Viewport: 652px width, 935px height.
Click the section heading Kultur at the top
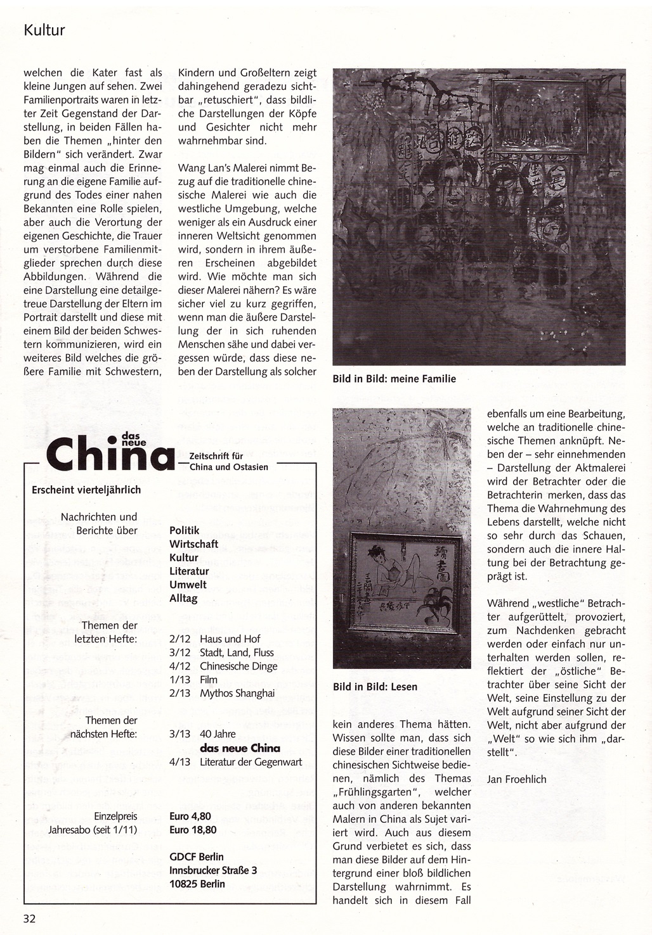(44, 30)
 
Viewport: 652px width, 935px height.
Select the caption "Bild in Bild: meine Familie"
(394, 379)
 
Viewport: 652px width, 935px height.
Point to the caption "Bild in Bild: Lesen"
(375, 686)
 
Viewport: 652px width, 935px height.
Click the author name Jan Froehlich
(516, 779)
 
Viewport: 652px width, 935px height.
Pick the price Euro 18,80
(193, 830)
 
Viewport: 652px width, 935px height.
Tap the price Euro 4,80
(190, 816)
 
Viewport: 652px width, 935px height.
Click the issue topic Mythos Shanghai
(237, 693)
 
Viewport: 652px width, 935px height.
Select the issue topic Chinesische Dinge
(238, 666)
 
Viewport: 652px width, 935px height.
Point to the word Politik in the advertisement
(185, 530)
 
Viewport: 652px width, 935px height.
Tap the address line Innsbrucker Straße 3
(213, 870)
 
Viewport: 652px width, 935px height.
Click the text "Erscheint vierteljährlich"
(86, 490)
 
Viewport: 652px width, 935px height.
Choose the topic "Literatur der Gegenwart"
(251, 762)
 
